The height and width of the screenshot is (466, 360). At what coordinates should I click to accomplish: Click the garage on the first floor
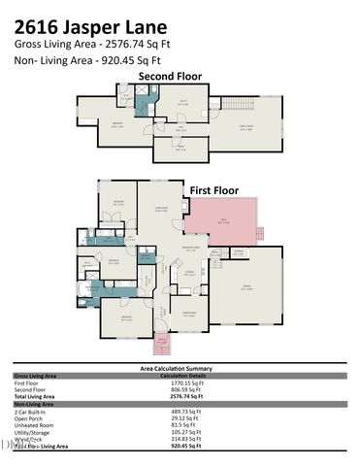[x=246, y=289]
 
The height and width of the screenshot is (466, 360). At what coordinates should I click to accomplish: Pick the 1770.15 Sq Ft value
[x=184, y=383]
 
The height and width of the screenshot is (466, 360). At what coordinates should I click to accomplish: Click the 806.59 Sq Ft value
[x=183, y=389]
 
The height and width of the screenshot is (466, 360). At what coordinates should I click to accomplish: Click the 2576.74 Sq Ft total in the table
[x=183, y=396]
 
